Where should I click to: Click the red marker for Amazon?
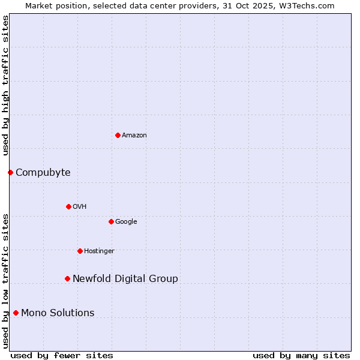pos(118,135)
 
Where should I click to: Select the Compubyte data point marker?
pos(10,173)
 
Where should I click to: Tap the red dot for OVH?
pos(68,206)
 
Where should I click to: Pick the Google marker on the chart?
pos(111,221)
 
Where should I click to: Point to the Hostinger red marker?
pos(80,251)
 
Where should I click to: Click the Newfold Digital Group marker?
pos(67,278)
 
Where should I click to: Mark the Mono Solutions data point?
pos(16,313)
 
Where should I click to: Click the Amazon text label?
pos(134,136)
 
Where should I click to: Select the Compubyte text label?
pos(43,173)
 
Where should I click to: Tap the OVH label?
pos(80,207)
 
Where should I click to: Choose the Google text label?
pos(126,222)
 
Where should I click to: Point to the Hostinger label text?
pos(99,251)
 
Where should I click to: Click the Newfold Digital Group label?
pos(125,279)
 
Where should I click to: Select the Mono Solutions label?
pos(58,313)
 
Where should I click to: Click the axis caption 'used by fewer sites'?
pos(62,355)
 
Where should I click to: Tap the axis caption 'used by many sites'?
pos(301,355)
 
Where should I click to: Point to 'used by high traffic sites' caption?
pos(6,85)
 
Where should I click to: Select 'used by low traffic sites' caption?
pos(6,281)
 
